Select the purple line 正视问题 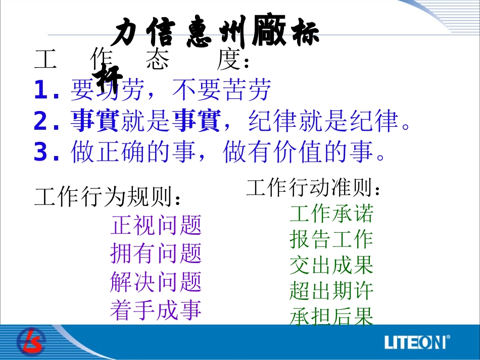[x=156, y=225]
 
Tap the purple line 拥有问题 [x=156, y=253]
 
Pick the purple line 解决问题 [x=156, y=282]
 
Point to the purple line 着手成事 [x=156, y=310]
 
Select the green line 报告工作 [x=331, y=239]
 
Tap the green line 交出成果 [x=331, y=265]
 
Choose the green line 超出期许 [x=331, y=291]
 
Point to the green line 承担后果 [x=331, y=317]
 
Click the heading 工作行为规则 [x=107, y=197]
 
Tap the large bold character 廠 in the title [x=269, y=31]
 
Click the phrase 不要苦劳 [x=222, y=90]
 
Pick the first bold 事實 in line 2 [x=95, y=121]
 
